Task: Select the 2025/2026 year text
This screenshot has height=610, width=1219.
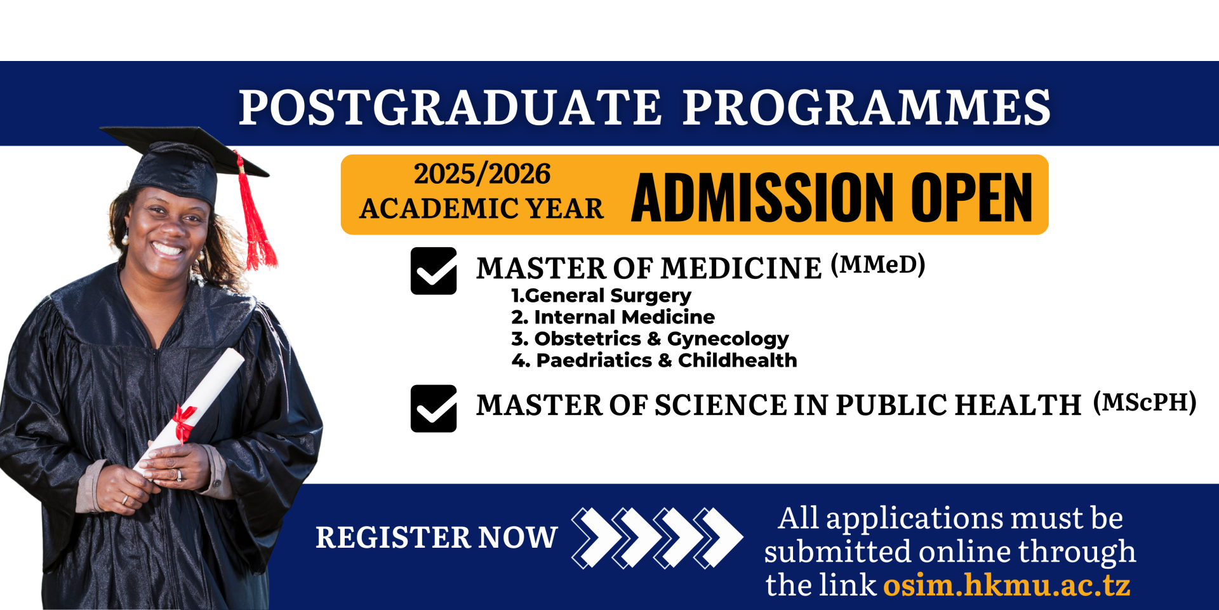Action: (483, 174)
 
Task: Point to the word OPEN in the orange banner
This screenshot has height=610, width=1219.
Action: (972, 198)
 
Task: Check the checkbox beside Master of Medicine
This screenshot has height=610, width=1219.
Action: (434, 271)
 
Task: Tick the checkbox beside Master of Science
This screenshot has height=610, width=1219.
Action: (434, 409)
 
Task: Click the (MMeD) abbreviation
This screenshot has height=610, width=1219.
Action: (878, 264)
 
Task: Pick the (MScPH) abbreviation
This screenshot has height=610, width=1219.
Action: (1145, 402)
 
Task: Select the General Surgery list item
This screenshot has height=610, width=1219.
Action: (601, 296)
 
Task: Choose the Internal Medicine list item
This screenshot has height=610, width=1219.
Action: (613, 317)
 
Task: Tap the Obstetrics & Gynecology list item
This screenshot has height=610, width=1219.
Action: (650, 339)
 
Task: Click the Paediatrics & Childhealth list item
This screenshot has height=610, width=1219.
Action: (654, 360)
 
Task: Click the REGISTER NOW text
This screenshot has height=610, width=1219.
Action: (437, 538)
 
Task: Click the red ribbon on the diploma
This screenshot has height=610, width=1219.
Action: (183, 423)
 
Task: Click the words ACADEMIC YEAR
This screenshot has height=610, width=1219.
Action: (482, 209)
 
